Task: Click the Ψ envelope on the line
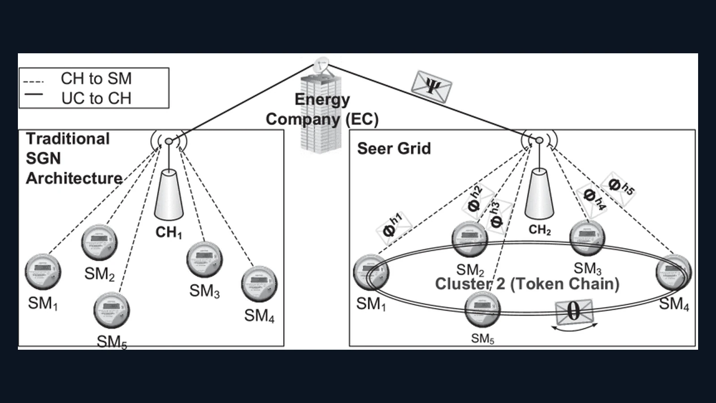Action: [x=431, y=87]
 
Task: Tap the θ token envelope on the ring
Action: [x=574, y=312]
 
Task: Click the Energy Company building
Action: [x=320, y=116]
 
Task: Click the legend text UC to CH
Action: [x=96, y=99]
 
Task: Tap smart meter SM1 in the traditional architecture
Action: [x=43, y=271]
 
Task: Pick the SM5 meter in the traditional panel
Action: [x=111, y=310]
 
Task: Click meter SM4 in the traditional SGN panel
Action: [x=259, y=284]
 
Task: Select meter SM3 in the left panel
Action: [x=205, y=259]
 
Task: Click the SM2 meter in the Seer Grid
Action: [x=469, y=239]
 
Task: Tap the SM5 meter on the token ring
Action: [x=482, y=309]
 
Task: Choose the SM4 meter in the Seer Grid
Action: [x=673, y=272]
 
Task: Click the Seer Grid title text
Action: [x=394, y=149]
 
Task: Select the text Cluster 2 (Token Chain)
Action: [x=527, y=284]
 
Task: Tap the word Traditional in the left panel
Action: [x=68, y=139]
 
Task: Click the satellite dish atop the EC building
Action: [x=321, y=64]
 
